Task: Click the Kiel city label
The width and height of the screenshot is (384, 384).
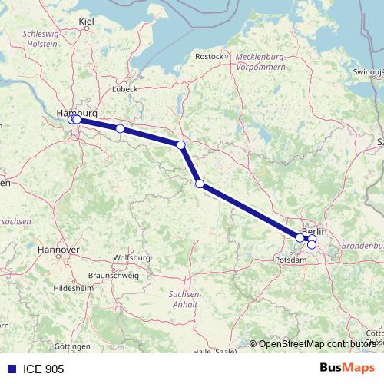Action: point(86,22)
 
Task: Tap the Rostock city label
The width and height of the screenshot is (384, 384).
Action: point(209,56)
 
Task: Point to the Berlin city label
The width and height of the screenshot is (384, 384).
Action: point(314,231)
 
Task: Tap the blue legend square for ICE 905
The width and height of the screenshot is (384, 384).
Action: point(12,369)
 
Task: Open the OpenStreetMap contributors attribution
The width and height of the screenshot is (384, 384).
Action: point(317,343)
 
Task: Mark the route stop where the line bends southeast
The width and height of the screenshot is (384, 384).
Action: point(181,144)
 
